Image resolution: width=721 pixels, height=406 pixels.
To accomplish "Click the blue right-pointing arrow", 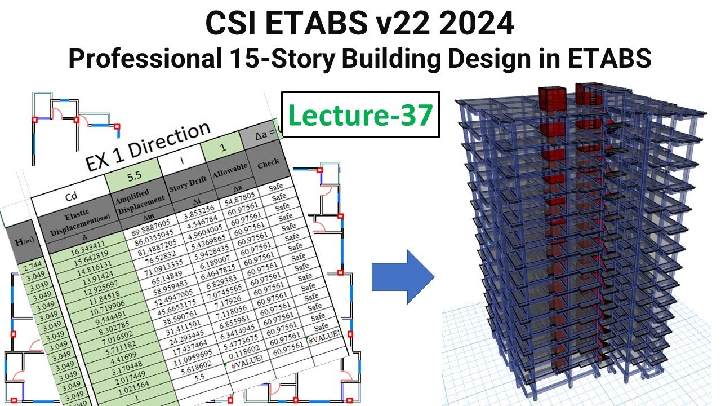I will coord(403,276).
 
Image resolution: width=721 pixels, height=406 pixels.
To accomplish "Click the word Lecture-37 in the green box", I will coord(360,116).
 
